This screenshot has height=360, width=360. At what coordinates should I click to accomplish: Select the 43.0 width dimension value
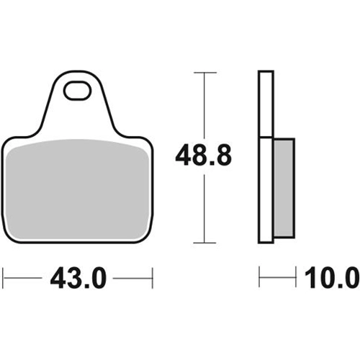click(x=78, y=279)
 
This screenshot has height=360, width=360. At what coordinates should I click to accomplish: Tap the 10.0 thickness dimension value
click(x=332, y=278)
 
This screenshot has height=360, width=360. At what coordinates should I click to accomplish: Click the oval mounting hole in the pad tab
click(x=77, y=91)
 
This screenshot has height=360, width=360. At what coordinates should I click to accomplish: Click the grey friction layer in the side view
click(x=284, y=189)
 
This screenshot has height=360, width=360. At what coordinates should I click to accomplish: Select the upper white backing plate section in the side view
click(x=266, y=104)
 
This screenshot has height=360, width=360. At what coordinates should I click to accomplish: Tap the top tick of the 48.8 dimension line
click(x=204, y=72)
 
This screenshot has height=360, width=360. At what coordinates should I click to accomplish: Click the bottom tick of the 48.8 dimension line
click(x=204, y=243)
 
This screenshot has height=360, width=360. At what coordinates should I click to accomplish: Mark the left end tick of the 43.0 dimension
click(x=3, y=279)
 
